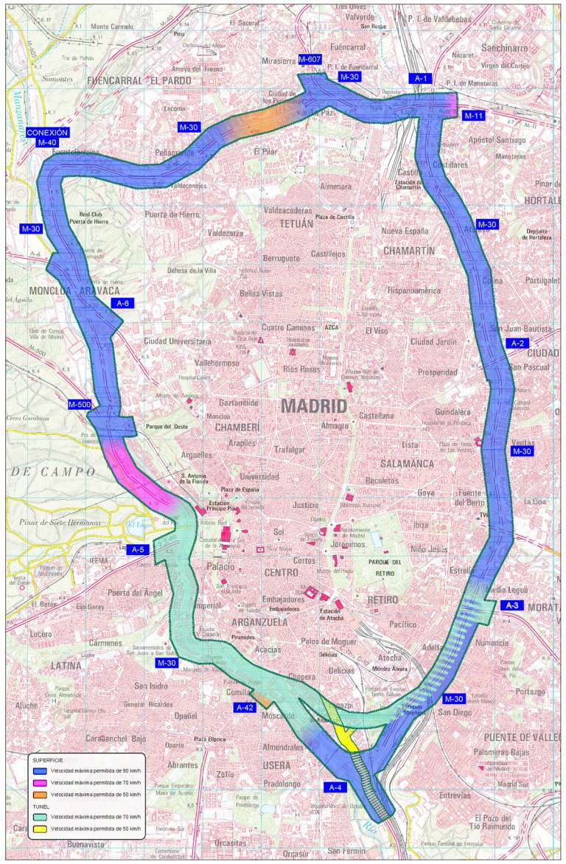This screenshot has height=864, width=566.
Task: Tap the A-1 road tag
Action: [x=421, y=77]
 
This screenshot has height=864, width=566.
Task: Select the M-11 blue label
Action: [x=473, y=116]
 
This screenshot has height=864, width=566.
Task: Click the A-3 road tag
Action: [x=513, y=605]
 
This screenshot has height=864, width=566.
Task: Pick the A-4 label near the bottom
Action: [x=335, y=787]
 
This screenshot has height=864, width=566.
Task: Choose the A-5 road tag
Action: [x=136, y=549]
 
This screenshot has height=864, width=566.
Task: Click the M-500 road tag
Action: [x=80, y=404]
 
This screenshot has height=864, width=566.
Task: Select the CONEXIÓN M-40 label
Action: [x=47, y=137]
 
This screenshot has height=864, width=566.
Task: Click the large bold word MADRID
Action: [x=314, y=406]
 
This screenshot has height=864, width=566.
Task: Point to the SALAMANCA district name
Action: [x=408, y=464]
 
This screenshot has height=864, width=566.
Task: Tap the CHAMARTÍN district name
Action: [x=409, y=251]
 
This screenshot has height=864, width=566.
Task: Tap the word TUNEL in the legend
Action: [x=41, y=806]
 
